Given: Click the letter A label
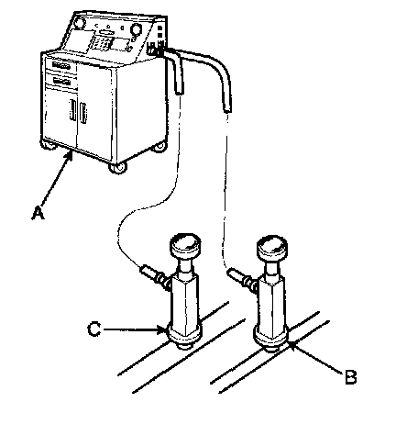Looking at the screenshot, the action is point(38,213).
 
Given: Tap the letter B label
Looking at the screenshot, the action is point(350,377).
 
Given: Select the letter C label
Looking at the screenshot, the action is point(93,329).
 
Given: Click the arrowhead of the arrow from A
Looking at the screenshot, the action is point(70,155).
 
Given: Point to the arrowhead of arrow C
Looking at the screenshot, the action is point(162,329).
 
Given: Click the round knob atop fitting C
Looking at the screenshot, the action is point(185,244).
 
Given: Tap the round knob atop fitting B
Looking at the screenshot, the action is point(272,246).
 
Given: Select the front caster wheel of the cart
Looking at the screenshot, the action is point(118,168).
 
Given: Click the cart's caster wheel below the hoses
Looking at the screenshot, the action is point(159,147).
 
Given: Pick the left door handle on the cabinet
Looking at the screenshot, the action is point(72,110).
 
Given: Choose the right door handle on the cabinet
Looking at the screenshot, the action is point(83,114).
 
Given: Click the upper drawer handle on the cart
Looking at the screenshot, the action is point(61,65).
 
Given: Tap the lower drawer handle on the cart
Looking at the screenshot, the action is point(61,81).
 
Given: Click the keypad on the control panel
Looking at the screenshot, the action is point(101,43).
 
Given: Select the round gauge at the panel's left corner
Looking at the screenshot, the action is point(80,22).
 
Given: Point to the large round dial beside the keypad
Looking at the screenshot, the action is point(136,29).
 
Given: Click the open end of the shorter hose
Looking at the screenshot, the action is point(180,92).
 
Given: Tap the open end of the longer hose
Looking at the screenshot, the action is point(226,110).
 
